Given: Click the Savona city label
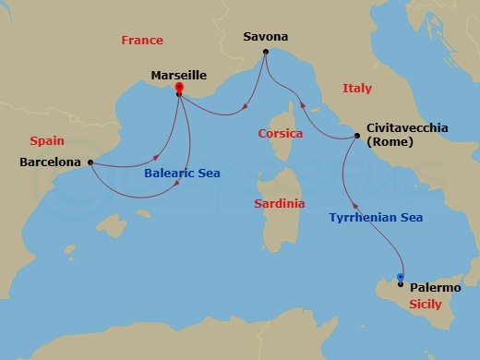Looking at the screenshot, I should coord(265,37).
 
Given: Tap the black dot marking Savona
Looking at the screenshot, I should coord(265,52).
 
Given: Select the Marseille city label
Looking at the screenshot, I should coord(177,75).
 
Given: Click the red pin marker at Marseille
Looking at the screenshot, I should coord(178,88).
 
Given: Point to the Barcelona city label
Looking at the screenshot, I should coord(50,162).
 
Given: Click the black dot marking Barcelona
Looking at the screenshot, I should coord(90,162).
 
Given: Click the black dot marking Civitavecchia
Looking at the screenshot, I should coord(357,137).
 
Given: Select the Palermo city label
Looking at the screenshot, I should coord(438,288).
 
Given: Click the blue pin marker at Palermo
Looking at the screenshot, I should coord(400,277).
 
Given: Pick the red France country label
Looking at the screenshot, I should coord(142,40).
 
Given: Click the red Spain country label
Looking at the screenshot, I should coord(46,141).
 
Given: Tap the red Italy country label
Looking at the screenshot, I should coord(356,88).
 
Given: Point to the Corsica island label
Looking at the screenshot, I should coord(281,133).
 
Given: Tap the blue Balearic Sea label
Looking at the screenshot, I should coord(182,173).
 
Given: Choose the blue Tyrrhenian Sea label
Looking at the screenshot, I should coord(376,218).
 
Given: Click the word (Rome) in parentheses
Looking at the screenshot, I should coord(390,142).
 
